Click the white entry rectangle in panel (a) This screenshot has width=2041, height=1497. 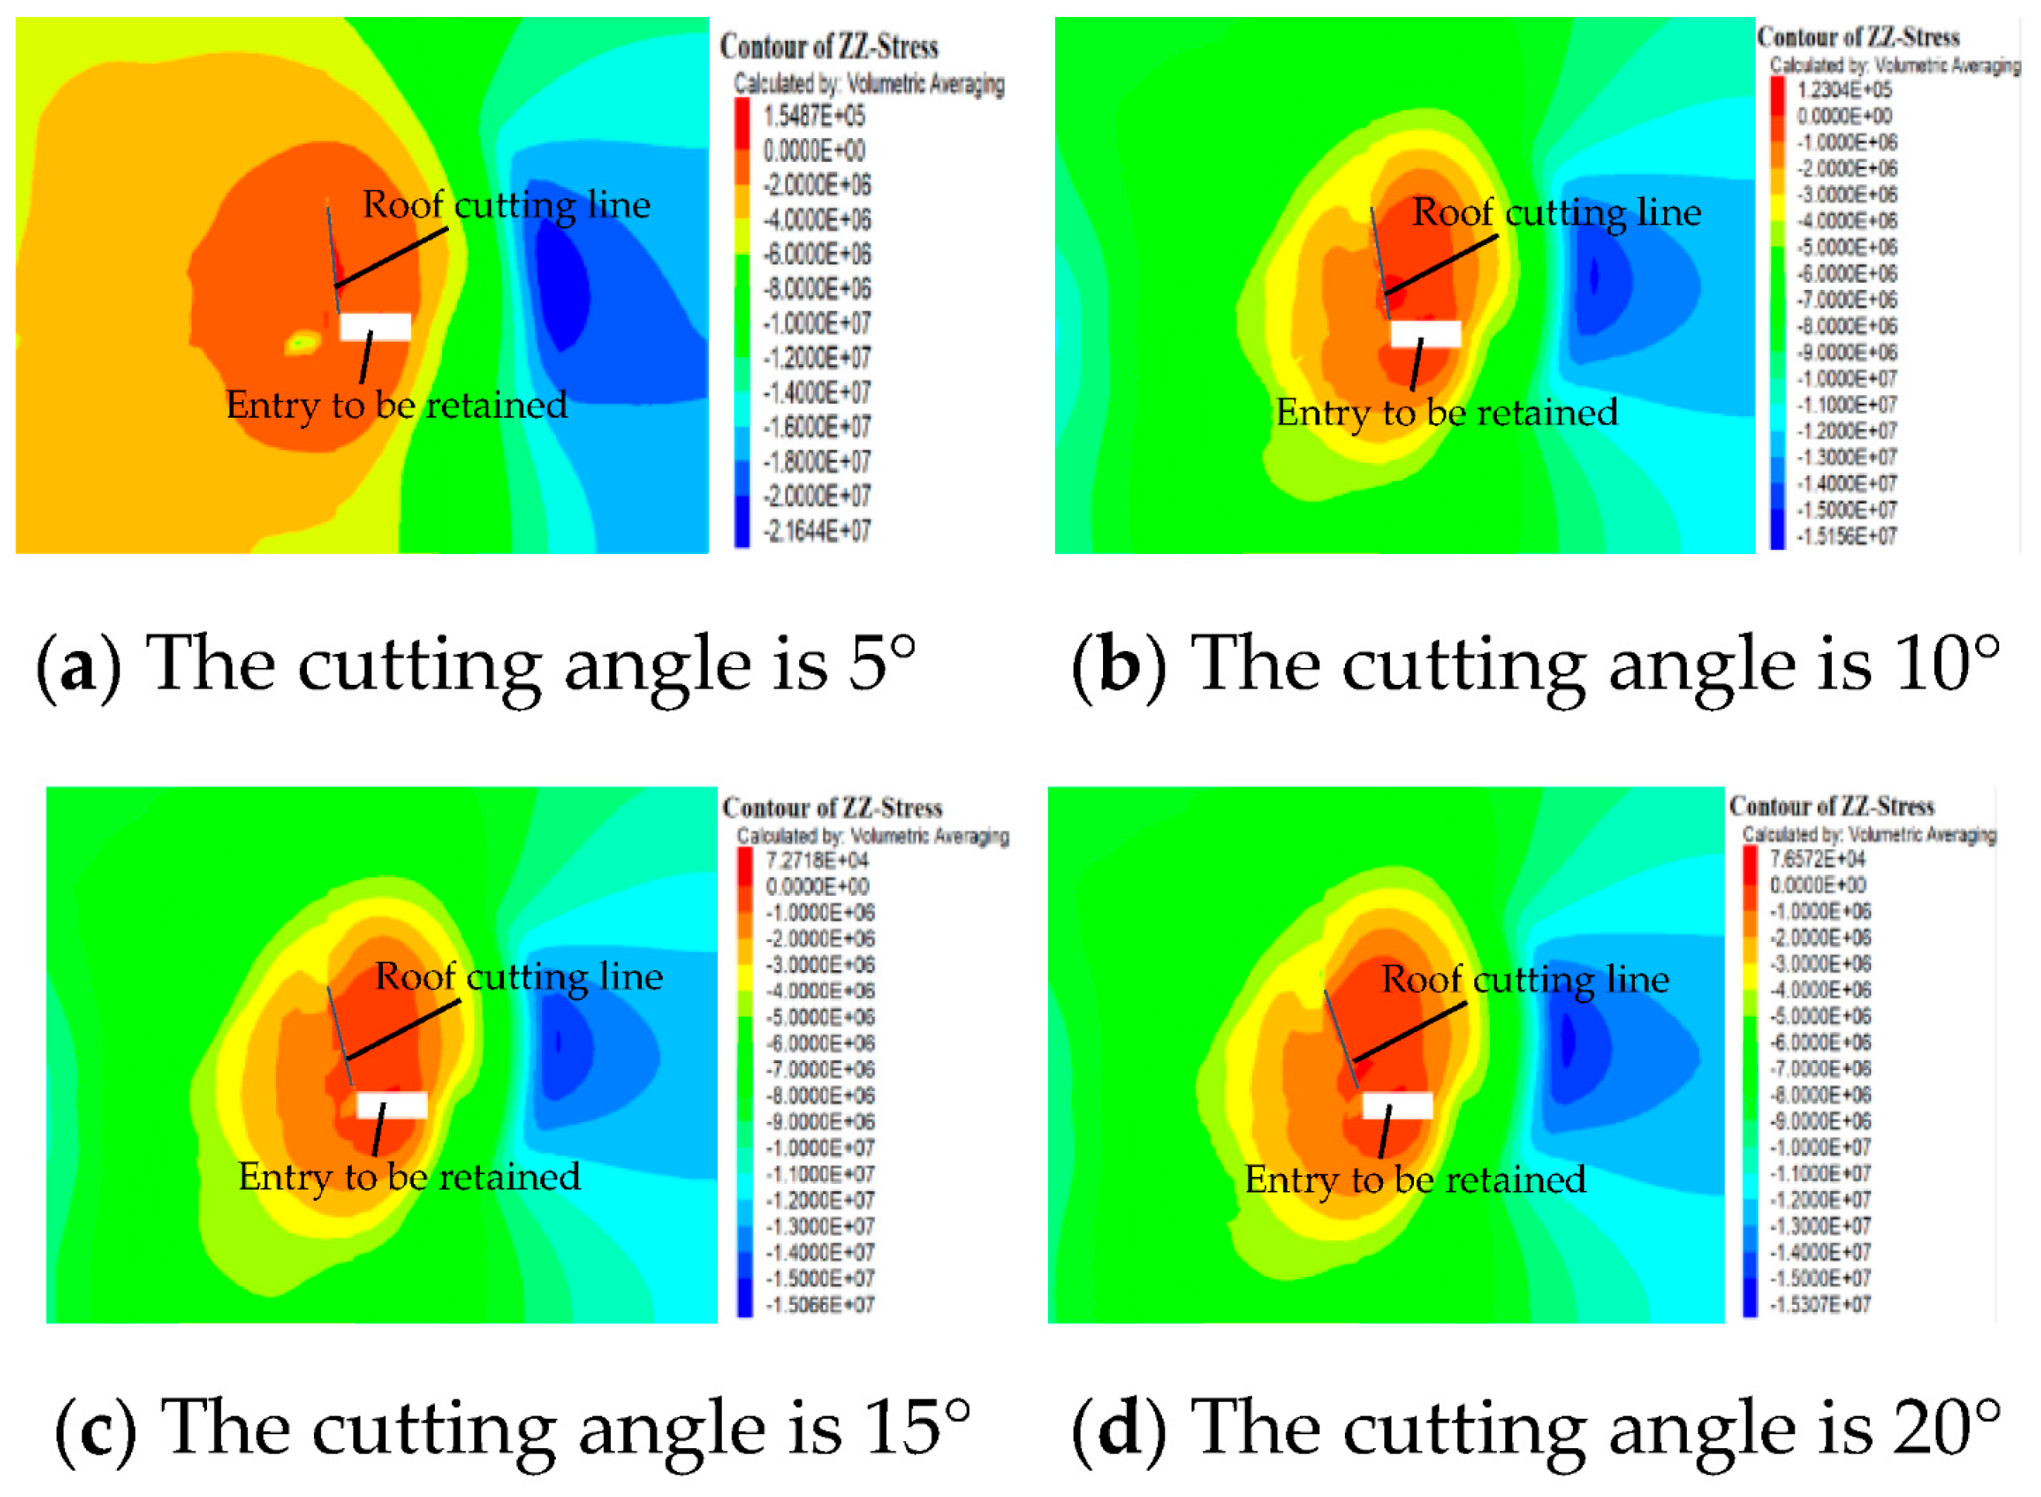click(375, 326)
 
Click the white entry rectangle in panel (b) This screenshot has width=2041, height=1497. click(1425, 333)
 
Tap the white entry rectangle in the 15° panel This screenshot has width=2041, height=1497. click(391, 1105)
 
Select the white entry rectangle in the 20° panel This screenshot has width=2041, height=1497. click(1398, 1105)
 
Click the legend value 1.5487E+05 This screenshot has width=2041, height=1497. click(813, 116)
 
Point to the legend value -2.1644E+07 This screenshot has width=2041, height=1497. click(816, 531)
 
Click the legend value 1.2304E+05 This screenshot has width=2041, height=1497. click(1844, 90)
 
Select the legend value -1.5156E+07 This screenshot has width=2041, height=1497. click(1846, 535)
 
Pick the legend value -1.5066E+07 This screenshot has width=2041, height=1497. click(819, 1304)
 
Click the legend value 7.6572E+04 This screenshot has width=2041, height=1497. click(1817, 859)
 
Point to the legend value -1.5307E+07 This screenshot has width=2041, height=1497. click(1820, 1304)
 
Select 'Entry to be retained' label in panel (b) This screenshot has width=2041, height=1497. click(1446, 413)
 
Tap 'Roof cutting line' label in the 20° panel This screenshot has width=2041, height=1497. click(1525, 979)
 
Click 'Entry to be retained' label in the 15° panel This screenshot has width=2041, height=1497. click(409, 1177)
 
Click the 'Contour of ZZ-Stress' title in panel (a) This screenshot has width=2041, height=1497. click(829, 47)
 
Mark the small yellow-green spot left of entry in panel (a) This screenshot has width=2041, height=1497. click(303, 343)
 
